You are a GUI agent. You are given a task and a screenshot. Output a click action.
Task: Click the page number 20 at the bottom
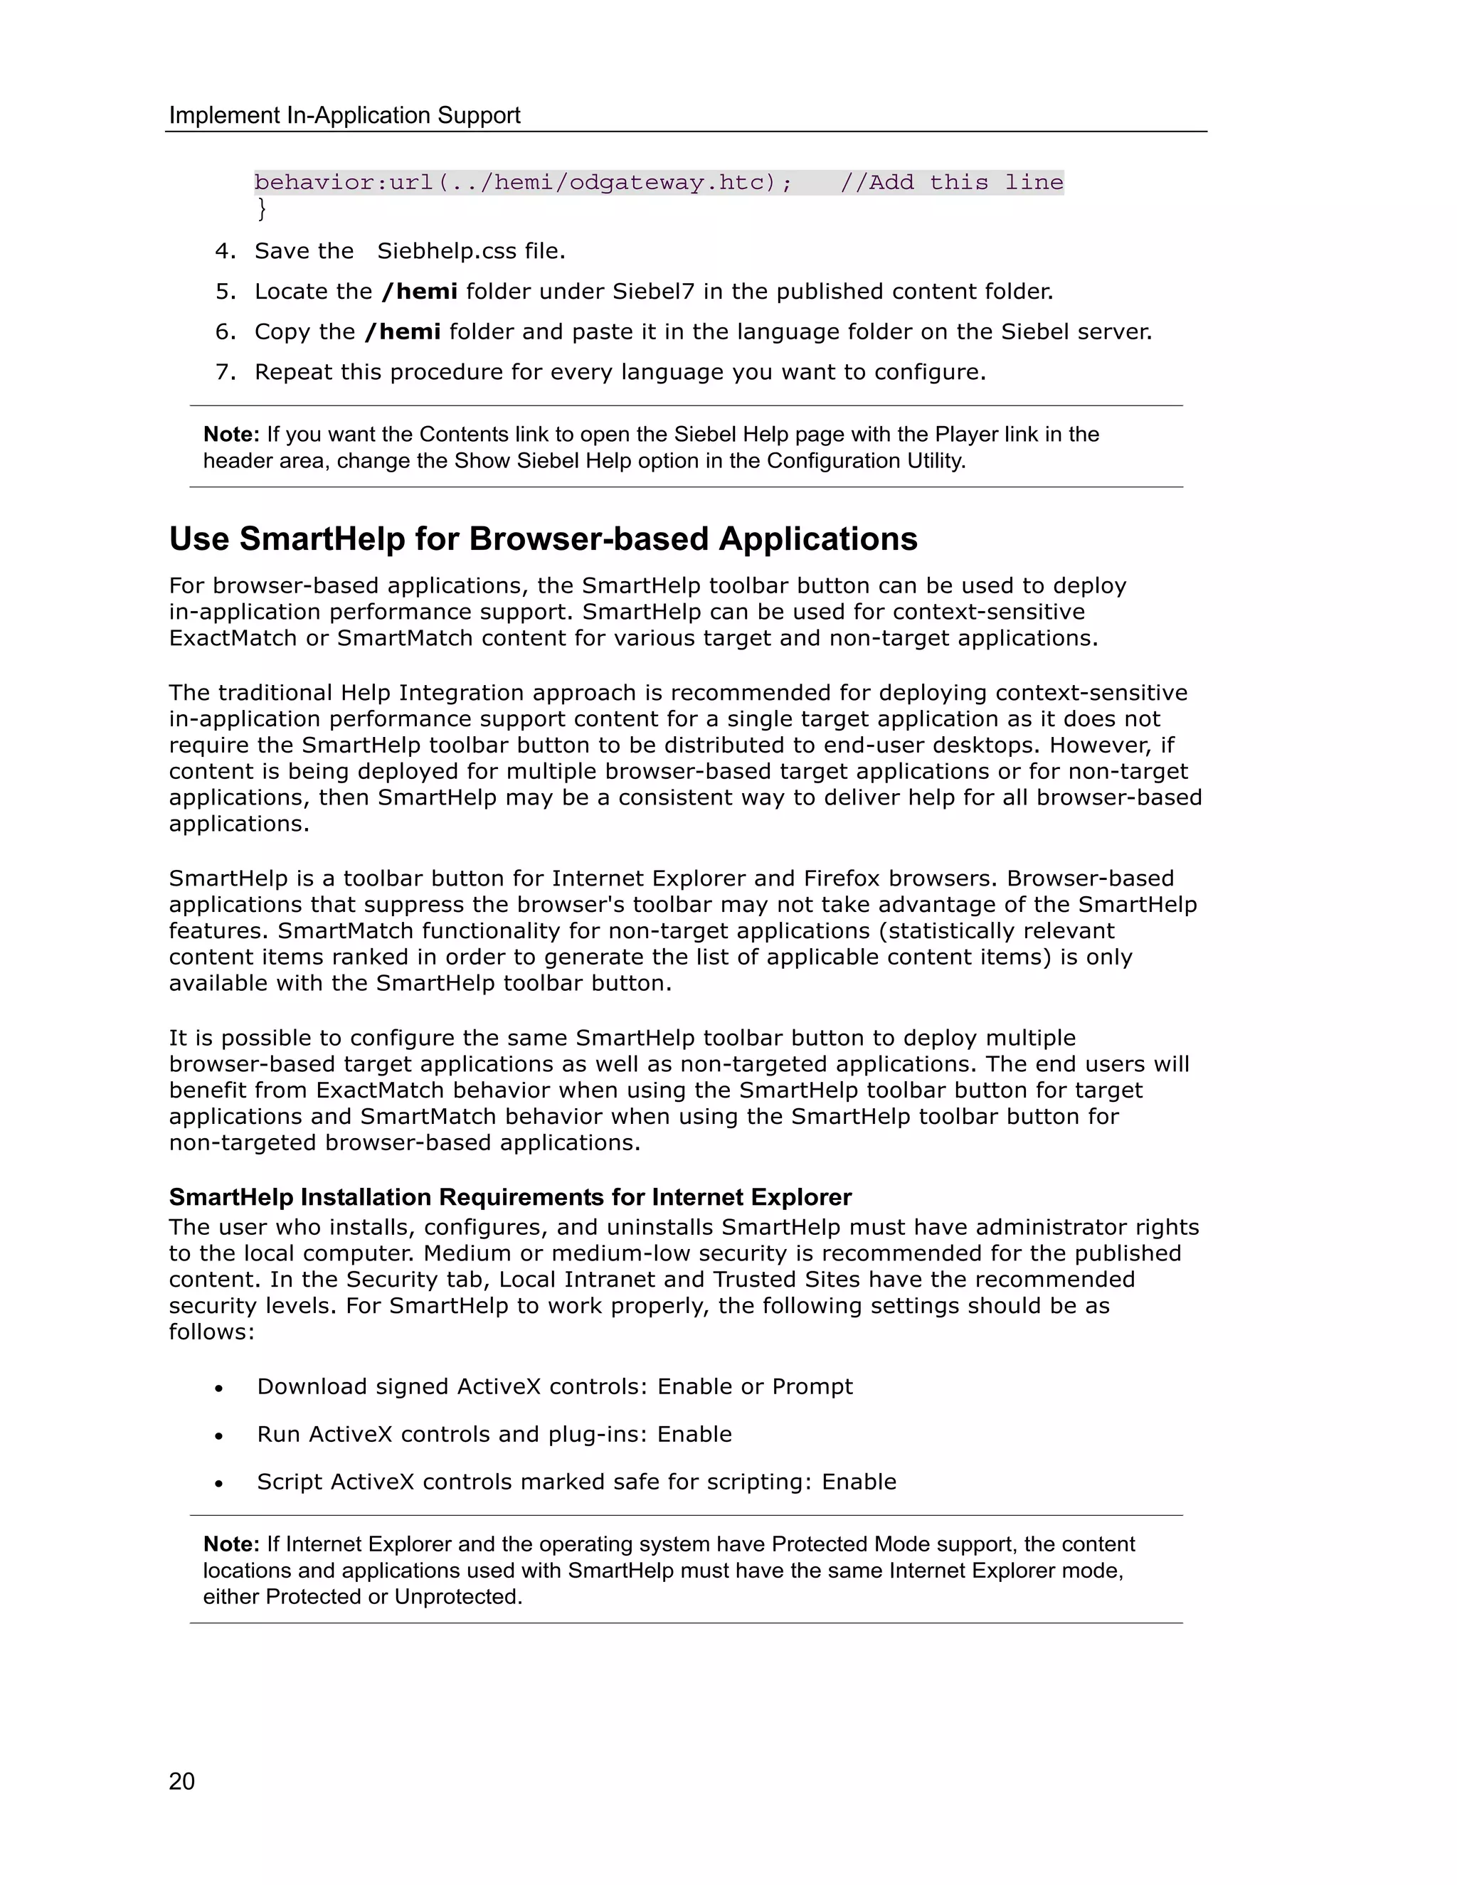[182, 1781]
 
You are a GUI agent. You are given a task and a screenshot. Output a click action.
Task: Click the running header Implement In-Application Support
[344, 116]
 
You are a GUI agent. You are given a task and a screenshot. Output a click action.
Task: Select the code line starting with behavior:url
[523, 182]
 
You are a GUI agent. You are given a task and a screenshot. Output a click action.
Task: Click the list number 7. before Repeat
[226, 372]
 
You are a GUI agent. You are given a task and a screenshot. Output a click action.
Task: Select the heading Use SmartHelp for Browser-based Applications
[543, 538]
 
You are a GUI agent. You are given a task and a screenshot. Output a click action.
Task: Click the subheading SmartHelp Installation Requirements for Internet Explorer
[510, 1197]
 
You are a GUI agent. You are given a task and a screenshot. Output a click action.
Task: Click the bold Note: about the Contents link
[231, 434]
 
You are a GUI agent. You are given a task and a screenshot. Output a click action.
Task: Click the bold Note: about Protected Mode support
[231, 1544]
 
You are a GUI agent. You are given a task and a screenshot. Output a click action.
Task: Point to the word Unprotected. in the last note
[458, 1597]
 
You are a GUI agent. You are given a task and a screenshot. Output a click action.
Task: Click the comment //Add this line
[951, 182]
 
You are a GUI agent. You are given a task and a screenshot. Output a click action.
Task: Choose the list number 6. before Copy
[226, 332]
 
